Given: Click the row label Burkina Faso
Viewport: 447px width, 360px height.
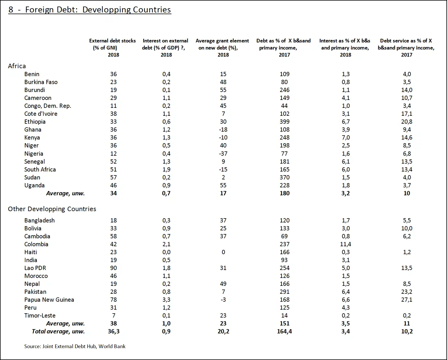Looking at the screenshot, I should pyautogui.click(x=41, y=82).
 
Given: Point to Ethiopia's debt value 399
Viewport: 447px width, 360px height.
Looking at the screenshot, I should pyautogui.click(x=284, y=122).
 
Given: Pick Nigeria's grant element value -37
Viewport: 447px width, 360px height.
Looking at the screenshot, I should pyautogui.click(x=223, y=154).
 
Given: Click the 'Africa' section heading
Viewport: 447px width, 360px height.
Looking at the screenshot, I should pyautogui.click(x=17, y=66).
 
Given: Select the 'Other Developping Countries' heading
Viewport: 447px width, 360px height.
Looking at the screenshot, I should pyautogui.click(x=52, y=209).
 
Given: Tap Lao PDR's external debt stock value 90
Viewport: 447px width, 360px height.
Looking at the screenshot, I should pyautogui.click(x=113, y=268).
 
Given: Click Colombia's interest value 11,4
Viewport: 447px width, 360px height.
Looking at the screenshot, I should pyautogui.click(x=345, y=244).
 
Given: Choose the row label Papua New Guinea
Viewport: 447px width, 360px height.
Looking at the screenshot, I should pyautogui.click(x=49, y=300).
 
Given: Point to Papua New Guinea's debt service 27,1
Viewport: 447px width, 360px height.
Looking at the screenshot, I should pyautogui.click(x=407, y=300).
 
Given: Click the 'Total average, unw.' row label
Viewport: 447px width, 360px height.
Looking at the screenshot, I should pyautogui.click(x=58, y=331).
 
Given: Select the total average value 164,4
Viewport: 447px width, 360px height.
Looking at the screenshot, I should pyautogui.click(x=284, y=331).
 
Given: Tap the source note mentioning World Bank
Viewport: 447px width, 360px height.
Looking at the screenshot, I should pyautogui.click(x=75, y=346).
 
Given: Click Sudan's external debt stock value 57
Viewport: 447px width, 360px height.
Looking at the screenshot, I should pyautogui.click(x=113, y=177).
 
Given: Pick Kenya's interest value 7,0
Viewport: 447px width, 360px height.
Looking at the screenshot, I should pyautogui.click(x=345, y=138).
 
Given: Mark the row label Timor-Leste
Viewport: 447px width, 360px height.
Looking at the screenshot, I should pyautogui.click(x=40, y=316).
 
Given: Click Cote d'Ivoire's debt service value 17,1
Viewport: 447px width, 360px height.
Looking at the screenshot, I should pyautogui.click(x=407, y=114).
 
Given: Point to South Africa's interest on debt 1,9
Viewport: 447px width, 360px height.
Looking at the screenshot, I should pyautogui.click(x=166, y=170).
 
